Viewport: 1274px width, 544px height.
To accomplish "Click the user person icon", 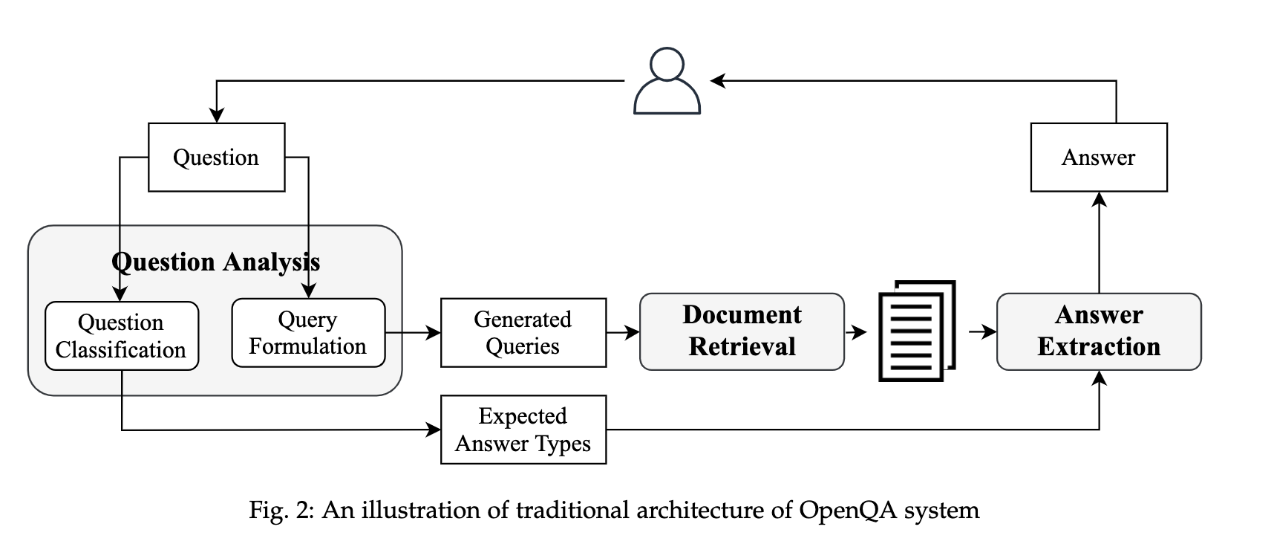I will pos(667,82).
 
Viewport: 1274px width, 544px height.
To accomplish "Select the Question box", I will pos(216,158).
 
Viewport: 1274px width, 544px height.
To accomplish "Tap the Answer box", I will pos(1098,158).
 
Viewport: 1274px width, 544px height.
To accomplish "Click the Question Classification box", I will pos(121,336).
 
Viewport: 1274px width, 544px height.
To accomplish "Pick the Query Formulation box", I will pos(308,333).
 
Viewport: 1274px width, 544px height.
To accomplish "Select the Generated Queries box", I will pos(523,333).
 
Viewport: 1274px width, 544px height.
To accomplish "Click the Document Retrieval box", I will pos(742,331).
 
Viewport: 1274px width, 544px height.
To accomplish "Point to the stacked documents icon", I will pos(915,331).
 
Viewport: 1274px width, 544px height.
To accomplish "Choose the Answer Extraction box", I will pos(1098,331).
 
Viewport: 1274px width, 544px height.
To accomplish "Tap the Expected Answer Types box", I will pos(523,430).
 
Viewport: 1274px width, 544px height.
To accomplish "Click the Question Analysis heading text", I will pos(215,262).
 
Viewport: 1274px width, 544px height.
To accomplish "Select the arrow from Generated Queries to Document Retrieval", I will pos(623,332).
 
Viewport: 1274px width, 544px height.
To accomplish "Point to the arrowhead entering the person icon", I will pos(717,80).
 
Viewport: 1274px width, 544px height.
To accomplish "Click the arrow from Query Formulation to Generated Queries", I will pos(413,332).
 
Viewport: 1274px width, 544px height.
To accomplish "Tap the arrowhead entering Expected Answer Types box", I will pos(434,430).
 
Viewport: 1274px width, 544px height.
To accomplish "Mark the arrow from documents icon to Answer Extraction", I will pos(982,331).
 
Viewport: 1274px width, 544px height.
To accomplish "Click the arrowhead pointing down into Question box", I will pos(216,115).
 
